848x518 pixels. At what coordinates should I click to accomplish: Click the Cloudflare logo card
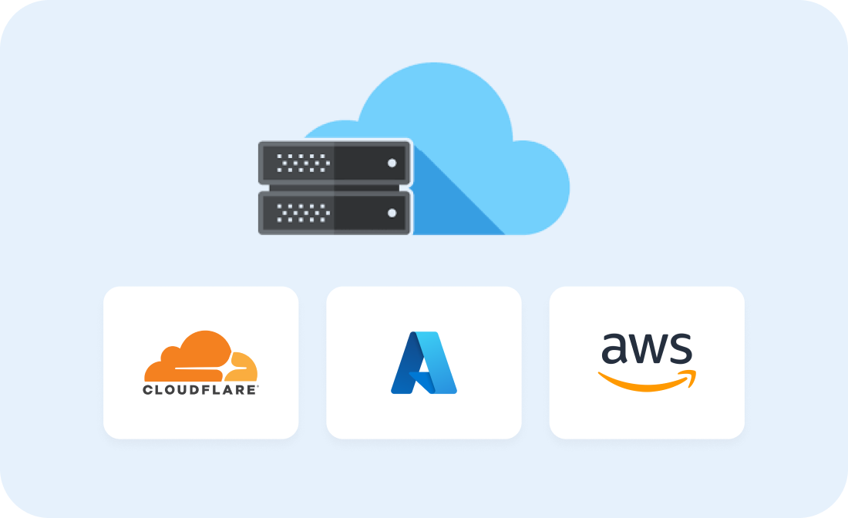pos(200,362)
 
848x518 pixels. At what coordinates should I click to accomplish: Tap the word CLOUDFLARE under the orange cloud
pos(200,390)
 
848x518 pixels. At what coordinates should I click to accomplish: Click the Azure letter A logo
pos(424,362)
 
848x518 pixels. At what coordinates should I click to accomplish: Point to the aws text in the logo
pos(647,348)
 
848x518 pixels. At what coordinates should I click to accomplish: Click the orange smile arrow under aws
pos(647,382)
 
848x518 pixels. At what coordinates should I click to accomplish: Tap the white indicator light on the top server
pos(392,163)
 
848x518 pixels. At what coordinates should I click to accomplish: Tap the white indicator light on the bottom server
pos(392,213)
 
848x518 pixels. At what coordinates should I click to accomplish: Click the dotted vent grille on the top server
pos(303,163)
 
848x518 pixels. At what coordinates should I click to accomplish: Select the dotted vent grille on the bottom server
pos(303,213)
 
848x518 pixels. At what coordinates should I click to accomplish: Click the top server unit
pos(335,163)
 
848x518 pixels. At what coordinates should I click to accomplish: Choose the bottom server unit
pos(335,213)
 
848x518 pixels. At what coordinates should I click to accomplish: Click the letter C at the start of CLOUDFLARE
pos(148,390)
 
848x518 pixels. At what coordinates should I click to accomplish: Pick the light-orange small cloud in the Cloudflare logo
pos(242,367)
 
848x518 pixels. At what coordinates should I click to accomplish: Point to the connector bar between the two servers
pos(335,187)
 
